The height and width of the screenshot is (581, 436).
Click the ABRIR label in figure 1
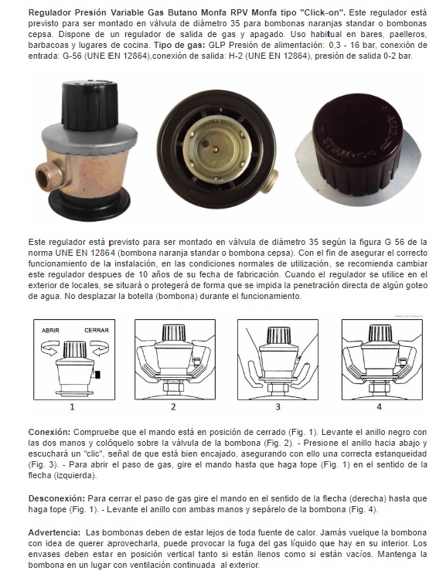tap(50, 330)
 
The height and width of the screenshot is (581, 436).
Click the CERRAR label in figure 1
tap(97, 330)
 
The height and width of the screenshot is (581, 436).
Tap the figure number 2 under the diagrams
tap(173, 407)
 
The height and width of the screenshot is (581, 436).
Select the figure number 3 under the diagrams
tap(278, 407)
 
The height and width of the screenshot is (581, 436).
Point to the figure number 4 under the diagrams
tap(379, 407)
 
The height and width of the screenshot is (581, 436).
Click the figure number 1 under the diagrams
tap(73, 407)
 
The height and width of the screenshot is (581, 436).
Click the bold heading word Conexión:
tap(49, 432)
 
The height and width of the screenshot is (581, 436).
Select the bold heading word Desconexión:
tap(56, 498)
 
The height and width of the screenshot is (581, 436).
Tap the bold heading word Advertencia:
tap(54, 533)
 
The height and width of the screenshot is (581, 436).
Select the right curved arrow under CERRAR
tap(100, 348)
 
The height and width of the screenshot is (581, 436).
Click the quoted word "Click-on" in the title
tap(324, 12)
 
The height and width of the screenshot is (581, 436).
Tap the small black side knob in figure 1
tap(98, 375)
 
